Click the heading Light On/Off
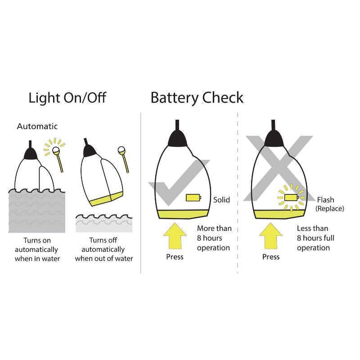click(x=67, y=98)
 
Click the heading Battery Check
click(x=197, y=98)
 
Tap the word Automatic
click(x=37, y=126)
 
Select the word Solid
click(x=221, y=199)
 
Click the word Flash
click(x=325, y=200)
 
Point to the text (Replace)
click(x=329, y=208)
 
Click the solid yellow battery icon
click(x=193, y=198)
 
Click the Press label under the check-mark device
click(x=175, y=257)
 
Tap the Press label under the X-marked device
click(x=271, y=257)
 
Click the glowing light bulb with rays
click(x=56, y=150)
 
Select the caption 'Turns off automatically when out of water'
click(x=104, y=249)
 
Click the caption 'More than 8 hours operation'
click(x=214, y=238)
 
